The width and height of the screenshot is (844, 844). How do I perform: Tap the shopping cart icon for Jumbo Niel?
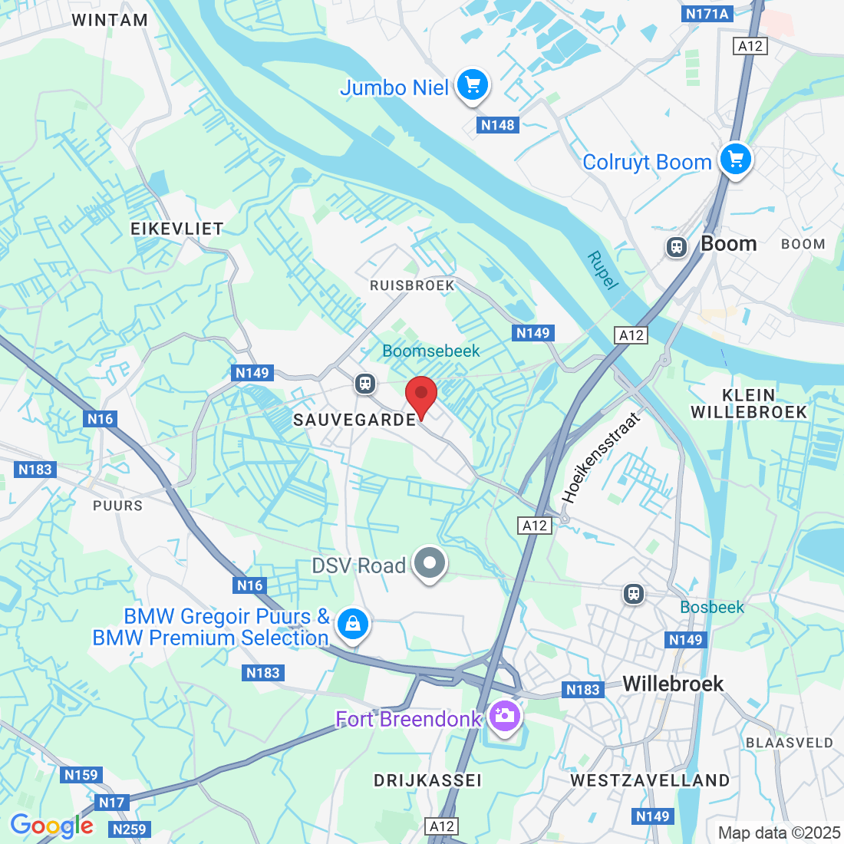pos(473,86)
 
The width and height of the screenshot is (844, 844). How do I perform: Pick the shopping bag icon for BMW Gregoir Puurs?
pos(352,624)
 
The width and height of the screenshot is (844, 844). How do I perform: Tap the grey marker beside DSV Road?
pos(430,565)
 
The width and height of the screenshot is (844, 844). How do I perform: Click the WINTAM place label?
pos(110,20)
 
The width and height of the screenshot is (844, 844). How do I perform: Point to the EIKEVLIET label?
pos(177,229)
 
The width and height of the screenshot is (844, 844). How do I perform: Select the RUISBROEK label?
pos(412,285)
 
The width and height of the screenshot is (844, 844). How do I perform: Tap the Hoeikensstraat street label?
pos(601,458)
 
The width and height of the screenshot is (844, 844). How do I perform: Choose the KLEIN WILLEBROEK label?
pos(749,404)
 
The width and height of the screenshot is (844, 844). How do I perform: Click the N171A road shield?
pos(707,14)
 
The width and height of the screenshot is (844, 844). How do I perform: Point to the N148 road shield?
pos(498,125)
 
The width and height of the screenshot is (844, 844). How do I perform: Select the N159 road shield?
pos(81,775)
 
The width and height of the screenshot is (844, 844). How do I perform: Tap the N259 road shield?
pos(128,829)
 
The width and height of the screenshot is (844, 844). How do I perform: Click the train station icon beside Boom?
pos(676,246)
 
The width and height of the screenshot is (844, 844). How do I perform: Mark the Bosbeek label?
pos(712,608)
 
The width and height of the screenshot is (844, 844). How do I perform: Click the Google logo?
pos(51,826)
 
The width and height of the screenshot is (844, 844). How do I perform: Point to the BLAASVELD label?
pos(790,743)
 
